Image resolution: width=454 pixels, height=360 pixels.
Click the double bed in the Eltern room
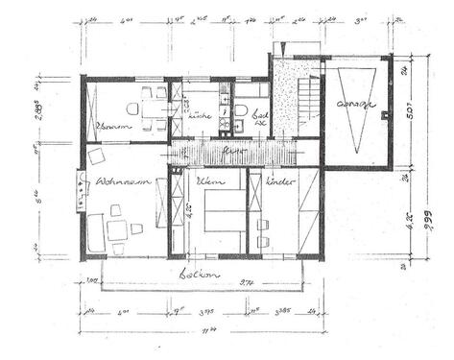pos(223,213)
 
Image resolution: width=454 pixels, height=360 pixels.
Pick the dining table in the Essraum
pos(153,107)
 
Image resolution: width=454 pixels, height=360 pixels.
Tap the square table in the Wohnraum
pos(118,228)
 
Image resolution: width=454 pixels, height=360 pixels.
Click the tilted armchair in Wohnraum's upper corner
pos(96,156)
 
